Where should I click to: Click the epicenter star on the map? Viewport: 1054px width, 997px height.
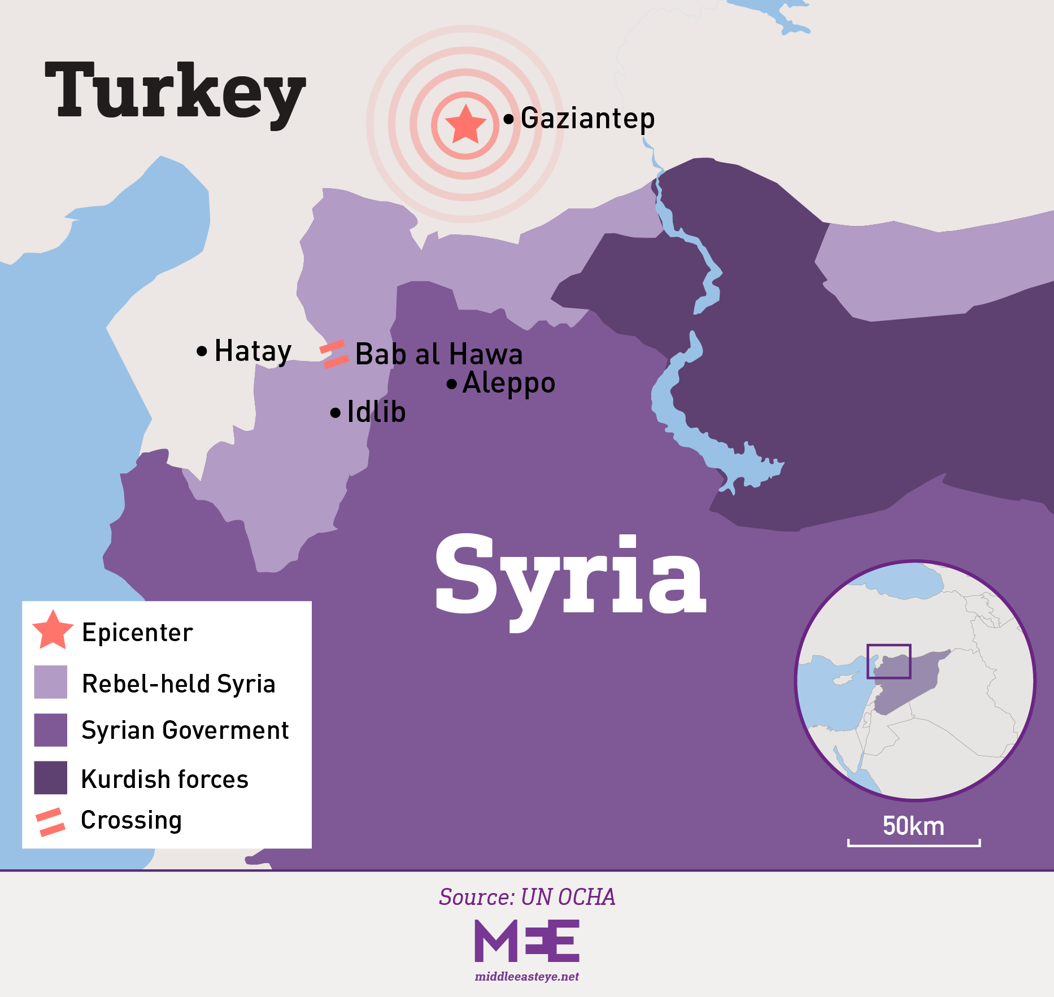(465, 124)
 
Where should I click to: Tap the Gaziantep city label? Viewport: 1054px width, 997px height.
(587, 119)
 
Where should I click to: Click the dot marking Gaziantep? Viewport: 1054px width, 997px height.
(508, 119)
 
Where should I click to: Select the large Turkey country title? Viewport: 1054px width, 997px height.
(175, 93)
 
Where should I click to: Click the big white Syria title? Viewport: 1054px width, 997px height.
(570, 576)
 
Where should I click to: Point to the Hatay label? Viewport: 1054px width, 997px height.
(252, 351)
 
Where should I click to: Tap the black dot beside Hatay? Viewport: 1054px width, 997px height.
(202, 351)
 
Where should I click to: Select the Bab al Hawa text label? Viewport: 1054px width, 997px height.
(439, 355)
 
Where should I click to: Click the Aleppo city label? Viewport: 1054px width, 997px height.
(508, 384)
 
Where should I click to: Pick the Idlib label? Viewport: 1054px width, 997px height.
(376, 412)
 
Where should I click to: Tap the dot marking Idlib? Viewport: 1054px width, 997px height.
(336, 413)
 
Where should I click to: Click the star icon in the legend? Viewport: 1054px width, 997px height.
(53, 630)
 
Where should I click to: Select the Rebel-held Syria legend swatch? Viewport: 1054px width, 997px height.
(51, 682)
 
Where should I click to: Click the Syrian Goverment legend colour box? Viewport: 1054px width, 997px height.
(51, 730)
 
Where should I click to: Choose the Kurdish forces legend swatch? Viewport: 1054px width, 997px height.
(51, 778)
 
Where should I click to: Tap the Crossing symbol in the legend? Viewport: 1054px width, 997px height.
(50, 822)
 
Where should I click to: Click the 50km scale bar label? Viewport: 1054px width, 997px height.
(913, 826)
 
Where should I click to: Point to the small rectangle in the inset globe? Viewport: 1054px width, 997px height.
(889, 661)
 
